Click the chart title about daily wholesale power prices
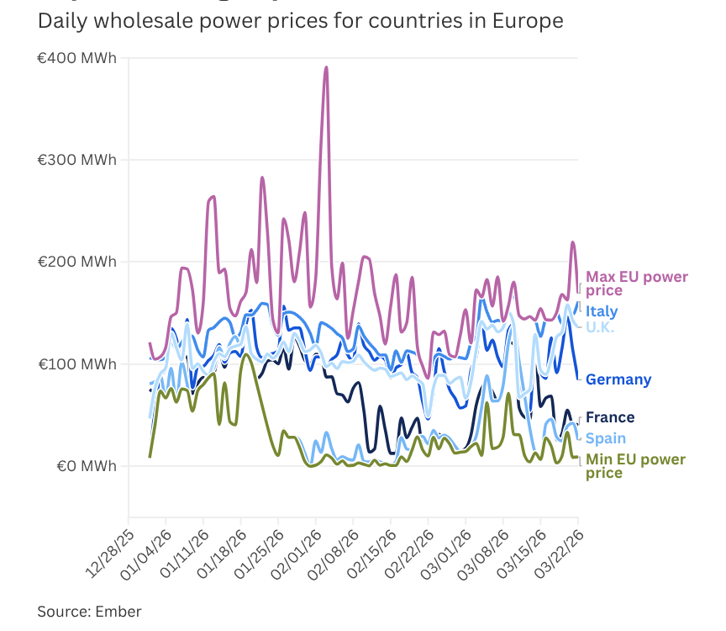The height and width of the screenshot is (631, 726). [300, 21]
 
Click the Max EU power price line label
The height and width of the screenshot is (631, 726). [636, 284]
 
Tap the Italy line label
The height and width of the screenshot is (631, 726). [602, 311]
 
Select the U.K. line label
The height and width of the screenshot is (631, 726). [600, 327]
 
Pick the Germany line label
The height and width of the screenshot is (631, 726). [618, 379]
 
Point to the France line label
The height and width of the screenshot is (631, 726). [610, 417]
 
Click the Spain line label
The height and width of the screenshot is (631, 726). [606, 437]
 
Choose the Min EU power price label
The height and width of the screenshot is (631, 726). [634, 466]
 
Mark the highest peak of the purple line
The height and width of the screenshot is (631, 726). [326, 67]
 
